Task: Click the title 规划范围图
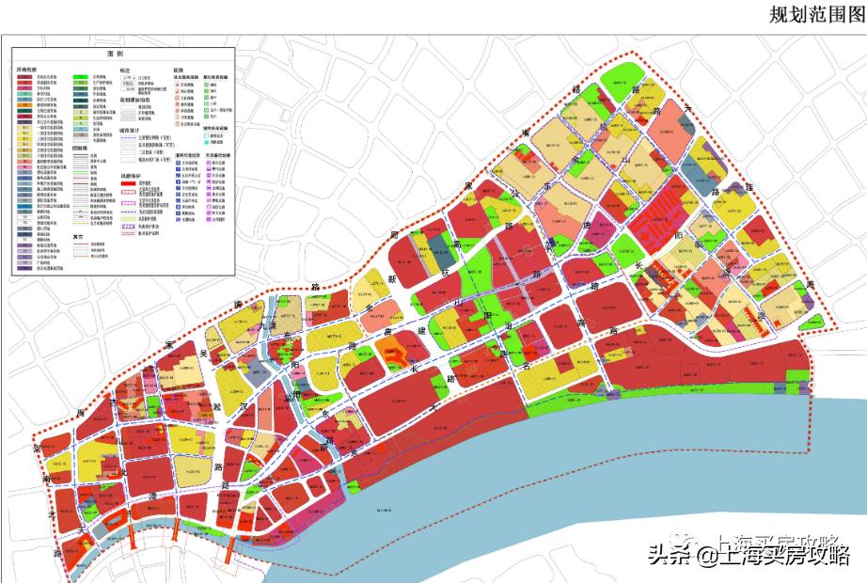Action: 814,14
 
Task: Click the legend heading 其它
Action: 80,237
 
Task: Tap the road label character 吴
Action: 200,355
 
